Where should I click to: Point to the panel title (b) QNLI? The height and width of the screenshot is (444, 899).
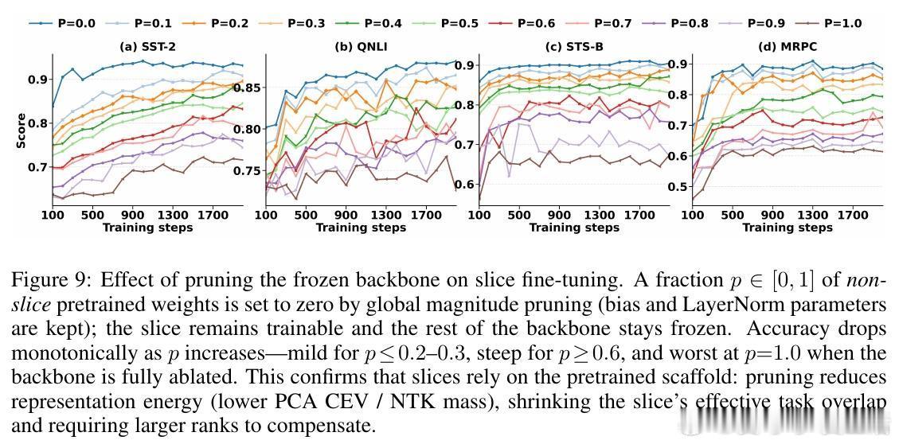point(361,46)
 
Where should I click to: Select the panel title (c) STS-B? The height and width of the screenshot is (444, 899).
point(574,46)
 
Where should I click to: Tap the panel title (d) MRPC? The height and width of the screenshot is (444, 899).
point(788,46)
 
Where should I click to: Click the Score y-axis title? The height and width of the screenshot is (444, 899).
point(21,131)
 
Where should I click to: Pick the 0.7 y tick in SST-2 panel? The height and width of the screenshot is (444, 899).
point(38,167)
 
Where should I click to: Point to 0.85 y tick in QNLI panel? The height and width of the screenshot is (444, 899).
point(247,87)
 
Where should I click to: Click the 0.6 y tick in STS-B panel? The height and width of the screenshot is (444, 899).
point(465,185)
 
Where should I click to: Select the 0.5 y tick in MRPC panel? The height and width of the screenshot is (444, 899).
point(678,187)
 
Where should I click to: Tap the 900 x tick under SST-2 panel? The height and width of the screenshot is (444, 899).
point(132,215)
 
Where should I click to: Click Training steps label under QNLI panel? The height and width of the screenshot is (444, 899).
point(361,228)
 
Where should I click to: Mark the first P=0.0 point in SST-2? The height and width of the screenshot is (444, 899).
point(53,106)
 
